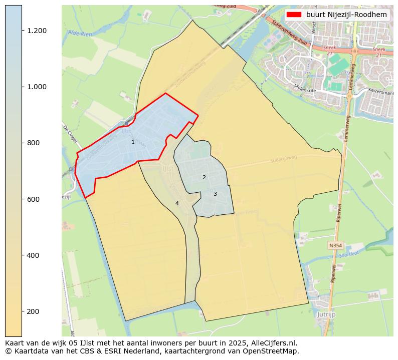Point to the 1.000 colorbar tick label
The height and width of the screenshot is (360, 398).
tap(37, 87)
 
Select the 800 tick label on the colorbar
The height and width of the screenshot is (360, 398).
tap(33, 143)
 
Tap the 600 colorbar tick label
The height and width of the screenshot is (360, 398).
tap(33, 199)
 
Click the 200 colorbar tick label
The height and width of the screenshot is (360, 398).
tap(33, 311)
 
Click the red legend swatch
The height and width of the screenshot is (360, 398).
tap(294, 15)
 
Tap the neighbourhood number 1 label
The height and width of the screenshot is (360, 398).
tap(133, 142)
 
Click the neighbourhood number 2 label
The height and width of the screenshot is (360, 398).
tap(204, 178)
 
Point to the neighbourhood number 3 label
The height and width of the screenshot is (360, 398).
tap(215, 194)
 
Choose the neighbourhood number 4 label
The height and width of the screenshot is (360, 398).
tap(177, 203)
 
